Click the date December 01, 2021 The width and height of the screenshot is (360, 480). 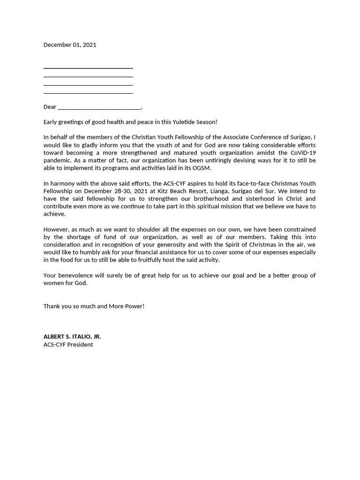[70, 45]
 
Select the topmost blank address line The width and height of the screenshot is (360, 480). [88, 68]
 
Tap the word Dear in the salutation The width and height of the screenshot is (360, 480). [50, 107]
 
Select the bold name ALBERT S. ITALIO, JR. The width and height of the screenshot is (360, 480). [72, 337]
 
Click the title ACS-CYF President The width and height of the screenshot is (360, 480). [68, 345]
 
